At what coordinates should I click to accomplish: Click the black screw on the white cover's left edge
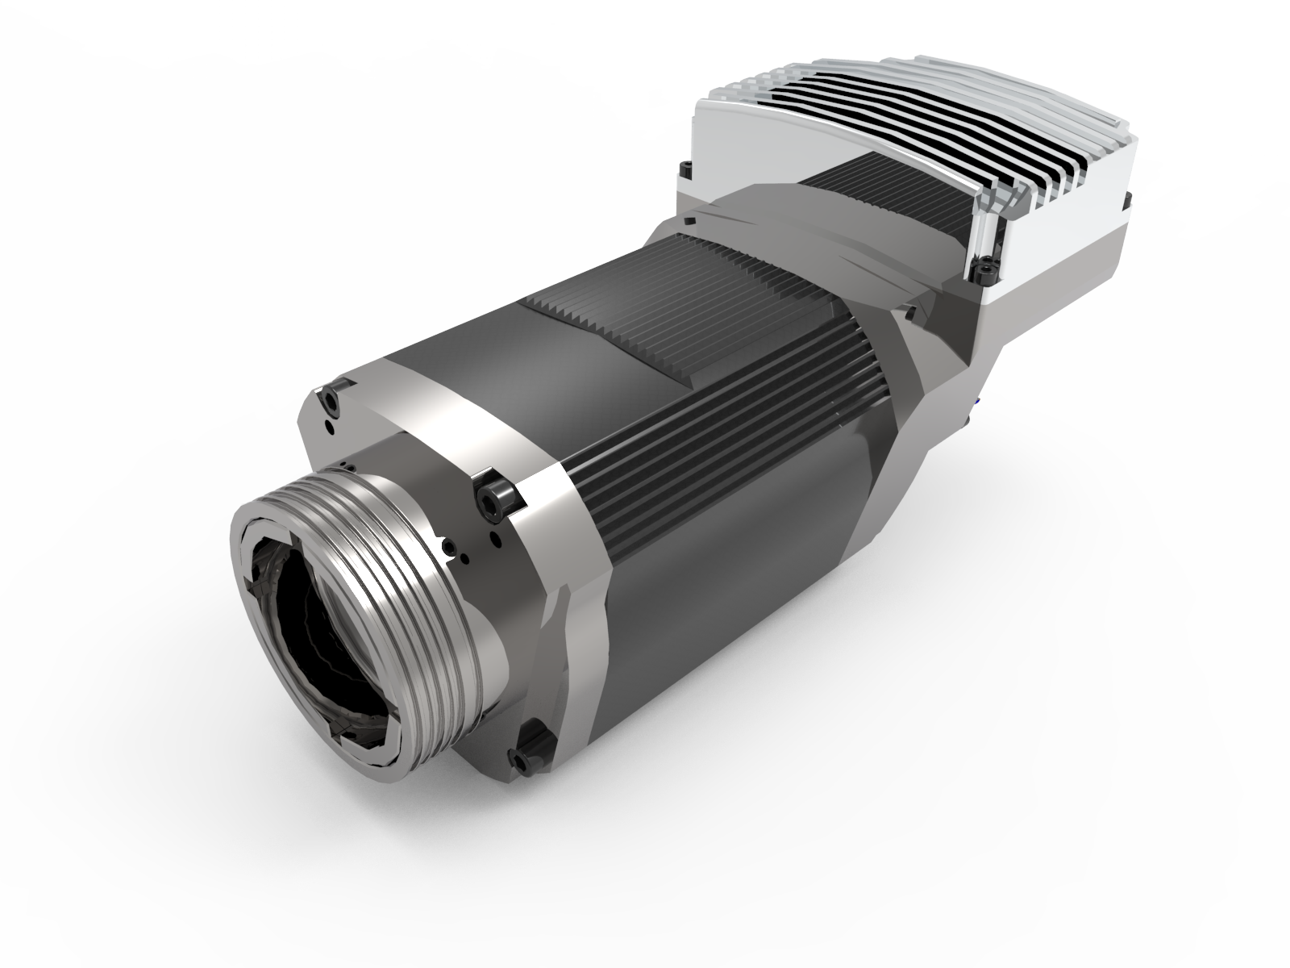point(686,169)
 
